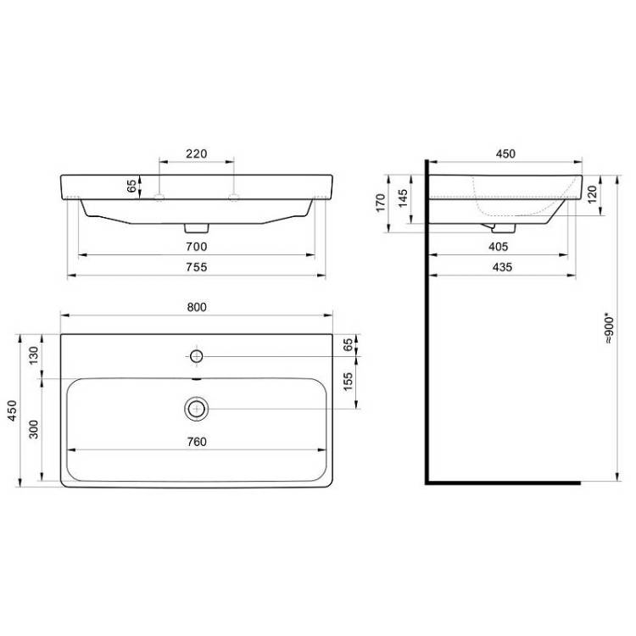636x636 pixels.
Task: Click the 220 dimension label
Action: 197,153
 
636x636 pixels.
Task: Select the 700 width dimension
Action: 197,247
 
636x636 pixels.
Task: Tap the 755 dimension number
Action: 197,267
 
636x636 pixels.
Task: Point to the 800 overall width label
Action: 197,307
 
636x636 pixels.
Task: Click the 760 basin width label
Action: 197,442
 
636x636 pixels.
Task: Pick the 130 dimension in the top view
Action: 34,355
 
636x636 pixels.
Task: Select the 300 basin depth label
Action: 34,430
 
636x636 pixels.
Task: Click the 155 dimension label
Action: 348,382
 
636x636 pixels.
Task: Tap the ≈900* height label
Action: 610,328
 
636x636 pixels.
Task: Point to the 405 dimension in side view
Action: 498,247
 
